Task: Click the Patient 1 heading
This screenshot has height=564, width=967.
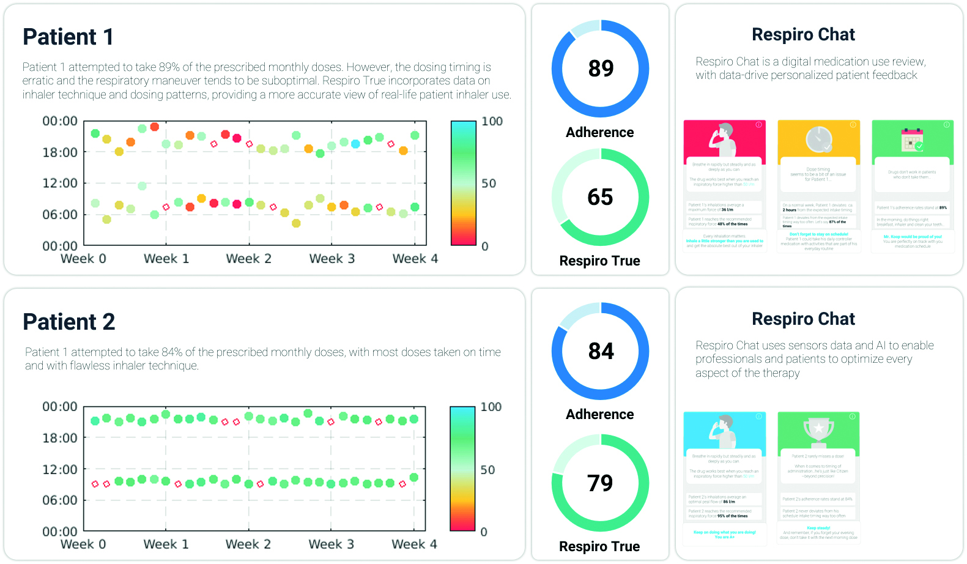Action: [x=68, y=37]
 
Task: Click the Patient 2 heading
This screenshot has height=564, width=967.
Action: [x=69, y=322]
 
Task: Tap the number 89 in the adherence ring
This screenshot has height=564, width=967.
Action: [x=601, y=69]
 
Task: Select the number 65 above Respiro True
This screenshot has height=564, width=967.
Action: [x=600, y=197]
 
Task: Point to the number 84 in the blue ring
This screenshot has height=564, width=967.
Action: [x=601, y=351]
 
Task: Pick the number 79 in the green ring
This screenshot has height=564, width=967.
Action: [x=600, y=483]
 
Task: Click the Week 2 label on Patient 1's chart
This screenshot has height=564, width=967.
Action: [x=248, y=259]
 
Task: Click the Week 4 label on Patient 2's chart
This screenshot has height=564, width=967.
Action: [x=414, y=544]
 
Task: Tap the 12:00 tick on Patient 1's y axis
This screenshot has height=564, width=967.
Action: [x=60, y=183]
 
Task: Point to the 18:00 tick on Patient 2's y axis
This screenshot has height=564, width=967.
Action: [x=60, y=438]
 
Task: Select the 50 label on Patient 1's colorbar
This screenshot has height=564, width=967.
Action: [x=488, y=184]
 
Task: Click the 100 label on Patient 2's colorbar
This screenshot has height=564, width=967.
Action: [x=491, y=407]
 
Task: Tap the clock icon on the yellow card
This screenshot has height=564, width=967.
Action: [x=818, y=140]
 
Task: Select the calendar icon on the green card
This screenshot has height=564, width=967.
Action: [x=912, y=139]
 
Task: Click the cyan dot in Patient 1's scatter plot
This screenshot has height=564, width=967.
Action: [x=355, y=144]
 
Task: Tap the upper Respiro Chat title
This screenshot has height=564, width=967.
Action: [x=803, y=35]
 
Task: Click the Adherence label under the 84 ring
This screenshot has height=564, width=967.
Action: [x=599, y=415]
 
